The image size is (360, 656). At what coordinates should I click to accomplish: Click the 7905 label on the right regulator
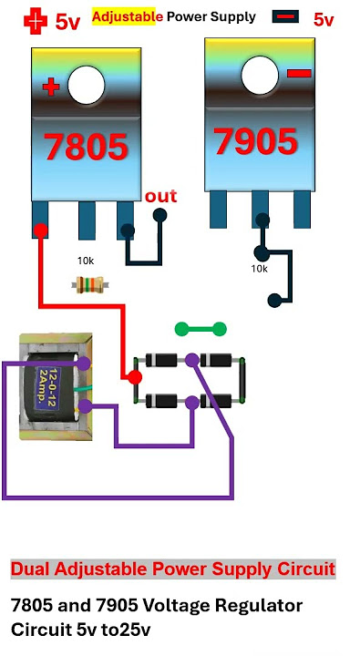(255, 141)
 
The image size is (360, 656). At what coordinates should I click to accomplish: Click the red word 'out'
(160, 196)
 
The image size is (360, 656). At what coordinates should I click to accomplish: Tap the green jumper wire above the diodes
(201, 327)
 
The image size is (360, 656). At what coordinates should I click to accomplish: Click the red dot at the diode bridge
(133, 376)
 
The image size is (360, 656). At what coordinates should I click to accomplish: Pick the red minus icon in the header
(285, 17)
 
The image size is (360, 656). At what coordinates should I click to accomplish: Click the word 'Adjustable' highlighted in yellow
(127, 16)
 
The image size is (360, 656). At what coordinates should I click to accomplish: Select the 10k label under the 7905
(259, 269)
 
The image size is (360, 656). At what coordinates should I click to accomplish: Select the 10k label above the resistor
(85, 261)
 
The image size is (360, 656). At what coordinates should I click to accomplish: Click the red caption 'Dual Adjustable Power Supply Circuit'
(172, 569)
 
